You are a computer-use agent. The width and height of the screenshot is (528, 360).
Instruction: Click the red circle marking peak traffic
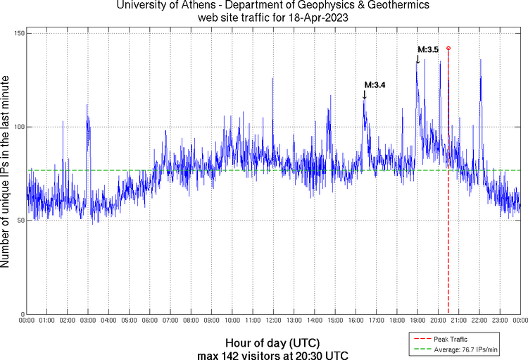[448, 48]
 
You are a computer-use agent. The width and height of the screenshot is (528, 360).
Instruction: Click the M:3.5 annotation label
[429, 49]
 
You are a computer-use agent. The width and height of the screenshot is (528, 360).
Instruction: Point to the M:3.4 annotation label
[375, 85]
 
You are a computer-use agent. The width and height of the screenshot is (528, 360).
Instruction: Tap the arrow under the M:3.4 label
[364, 95]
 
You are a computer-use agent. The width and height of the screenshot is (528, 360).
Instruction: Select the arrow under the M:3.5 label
[417, 59]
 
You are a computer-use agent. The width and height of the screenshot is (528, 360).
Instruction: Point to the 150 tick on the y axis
[18, 33]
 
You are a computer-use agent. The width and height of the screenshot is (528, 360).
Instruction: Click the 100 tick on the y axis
[18, 127]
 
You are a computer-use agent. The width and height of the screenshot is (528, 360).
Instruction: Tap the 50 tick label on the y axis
[20, 221]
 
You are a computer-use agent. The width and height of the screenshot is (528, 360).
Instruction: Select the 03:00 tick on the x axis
[88, 321]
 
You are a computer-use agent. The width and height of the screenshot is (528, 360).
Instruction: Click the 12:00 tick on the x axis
[273, 321]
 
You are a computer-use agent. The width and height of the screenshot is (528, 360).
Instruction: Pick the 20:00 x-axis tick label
[438, 321]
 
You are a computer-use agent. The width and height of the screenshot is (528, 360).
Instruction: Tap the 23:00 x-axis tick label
[500, 321]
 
